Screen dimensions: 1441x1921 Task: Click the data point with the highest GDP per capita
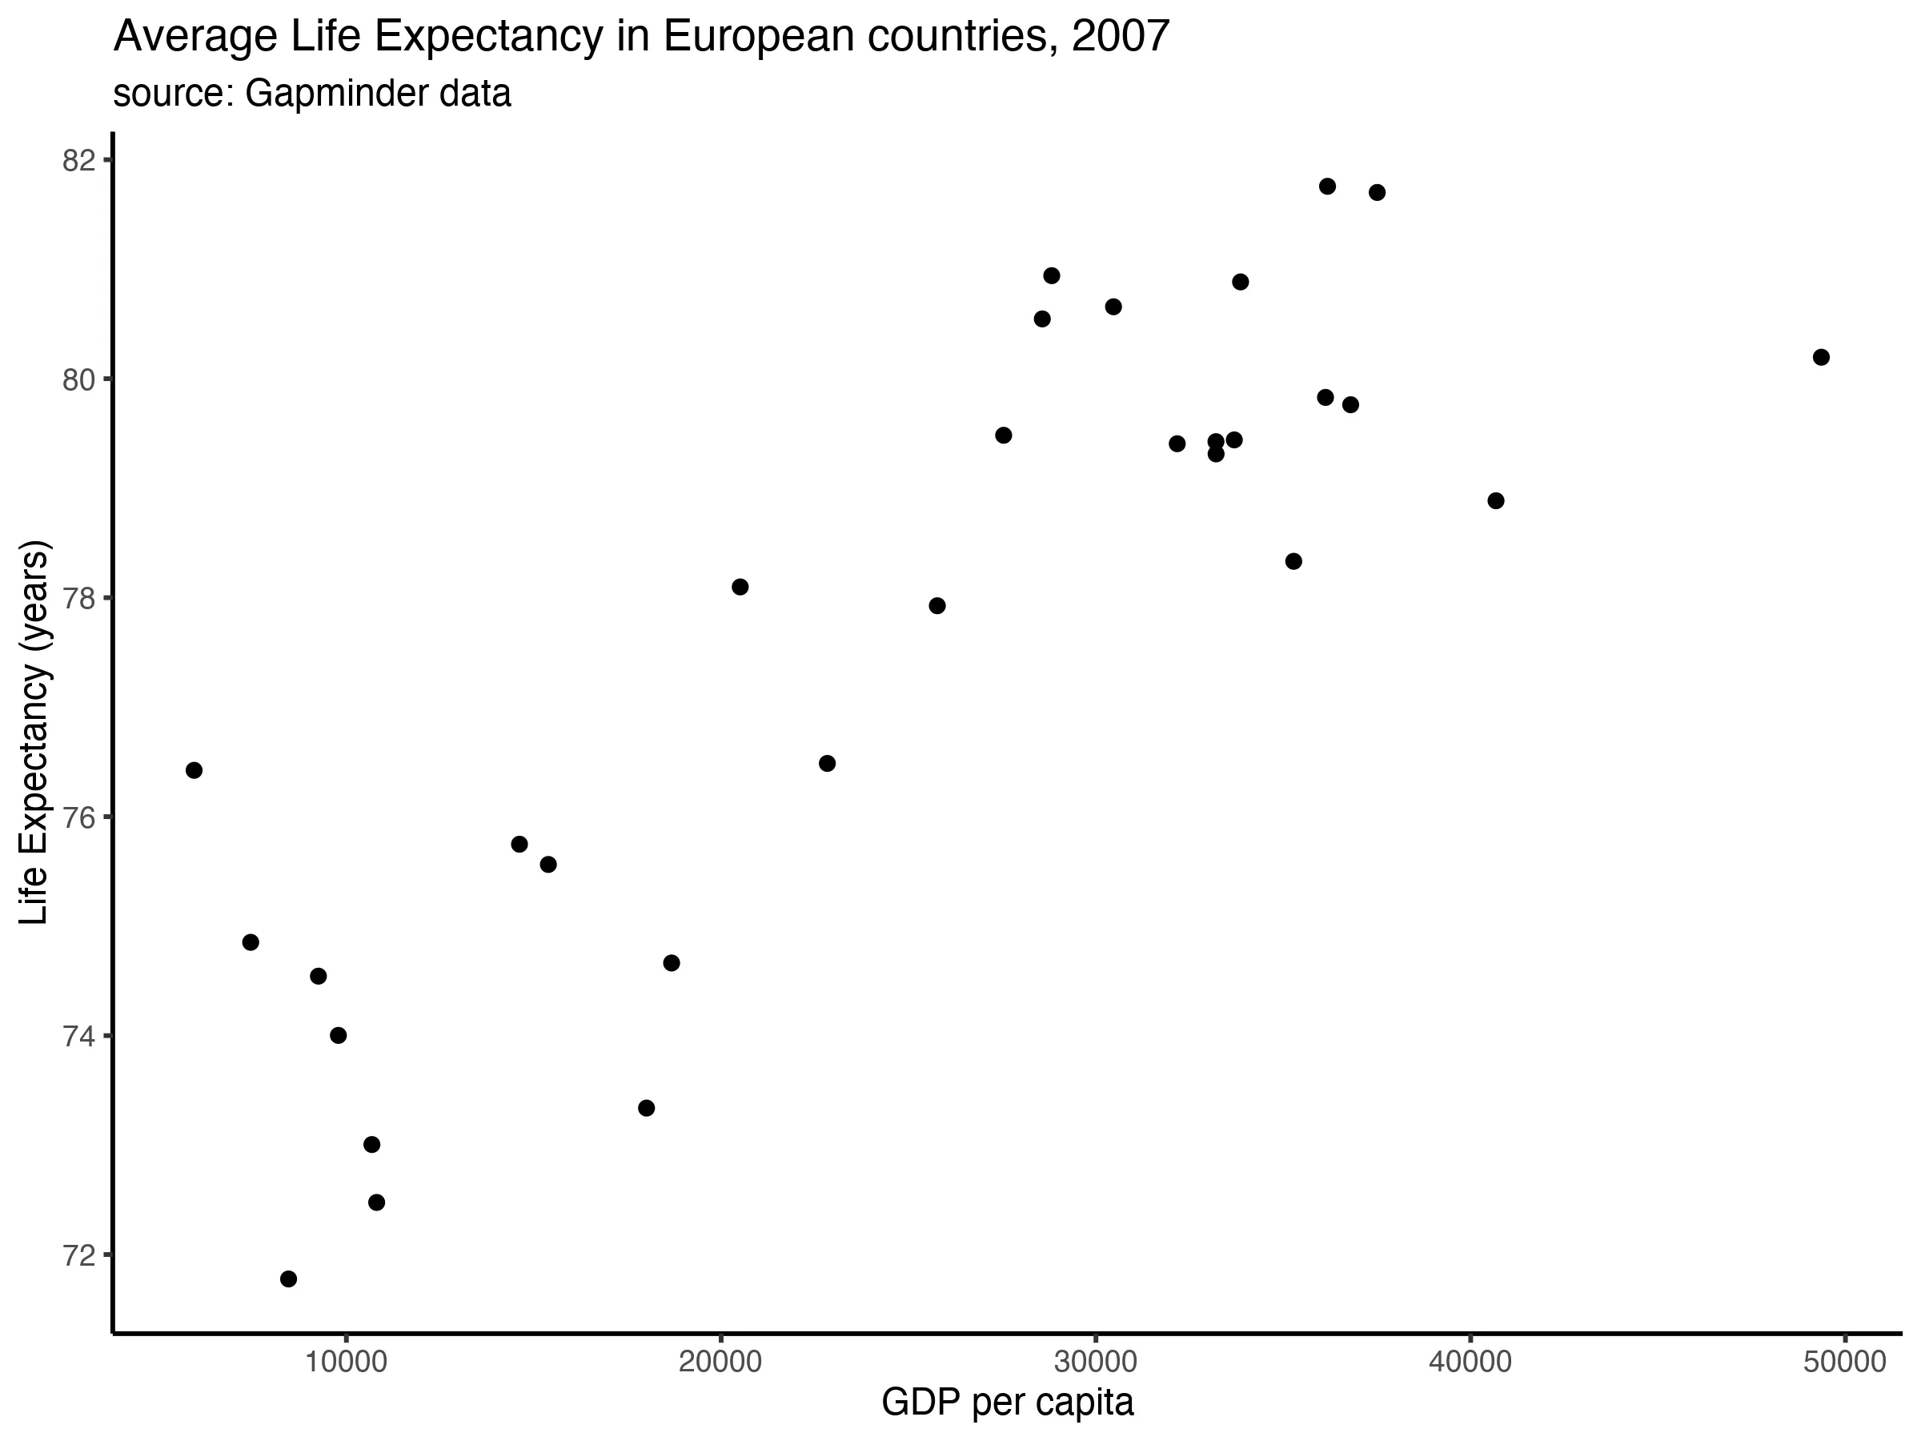tap(1821, 357)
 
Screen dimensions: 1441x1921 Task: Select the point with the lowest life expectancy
tap(288, 1278)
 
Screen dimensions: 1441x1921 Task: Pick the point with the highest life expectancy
tap(1327, 187)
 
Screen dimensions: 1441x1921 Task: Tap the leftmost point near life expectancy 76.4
tap(194, 770)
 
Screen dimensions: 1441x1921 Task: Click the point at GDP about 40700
tap(1495, 501)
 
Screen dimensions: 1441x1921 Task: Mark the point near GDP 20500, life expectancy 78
tap(740, 587)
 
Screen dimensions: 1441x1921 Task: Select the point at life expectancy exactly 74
tap(339, 1035)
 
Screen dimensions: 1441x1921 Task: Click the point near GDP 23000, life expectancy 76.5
tap(827, 764)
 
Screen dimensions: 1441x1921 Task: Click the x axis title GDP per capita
tap(1008, 1403)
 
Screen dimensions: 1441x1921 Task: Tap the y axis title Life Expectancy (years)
tap(34, 733)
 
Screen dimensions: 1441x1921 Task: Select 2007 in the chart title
tap(1121, 37)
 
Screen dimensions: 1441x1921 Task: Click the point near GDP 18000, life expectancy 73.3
tap(646, 1107)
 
